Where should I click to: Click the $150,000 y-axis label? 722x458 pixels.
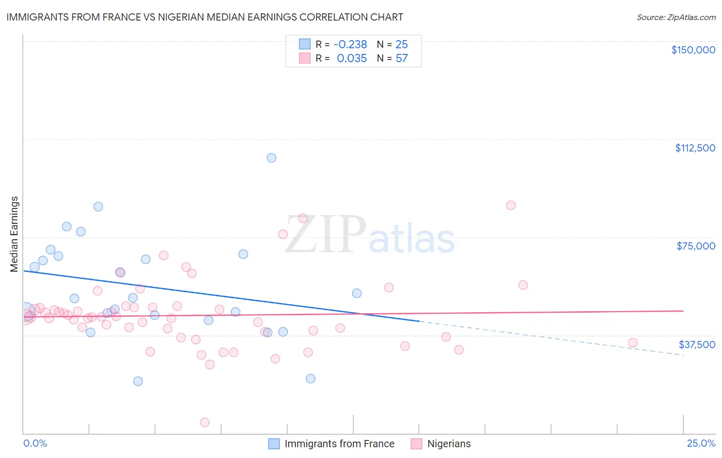693,50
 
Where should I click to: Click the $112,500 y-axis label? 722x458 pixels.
695,148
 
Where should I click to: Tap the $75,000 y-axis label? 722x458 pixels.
696,246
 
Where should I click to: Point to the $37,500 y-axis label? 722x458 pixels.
697,345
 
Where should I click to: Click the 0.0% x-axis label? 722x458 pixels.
35,443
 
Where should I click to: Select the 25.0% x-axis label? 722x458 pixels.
701,443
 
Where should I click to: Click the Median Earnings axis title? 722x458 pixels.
14,234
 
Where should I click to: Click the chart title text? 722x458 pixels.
204,17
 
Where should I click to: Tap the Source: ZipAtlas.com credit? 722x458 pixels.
676,17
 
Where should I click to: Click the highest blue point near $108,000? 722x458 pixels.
272,158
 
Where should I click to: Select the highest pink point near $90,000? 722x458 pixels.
510,205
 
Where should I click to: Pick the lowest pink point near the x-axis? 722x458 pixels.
204,422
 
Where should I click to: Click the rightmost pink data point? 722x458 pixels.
633,343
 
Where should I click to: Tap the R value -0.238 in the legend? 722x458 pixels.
350,45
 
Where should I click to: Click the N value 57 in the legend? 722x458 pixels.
402,59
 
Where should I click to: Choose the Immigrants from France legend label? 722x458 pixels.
339,444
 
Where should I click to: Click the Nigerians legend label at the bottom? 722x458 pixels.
449,444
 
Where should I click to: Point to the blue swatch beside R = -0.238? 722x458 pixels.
305,44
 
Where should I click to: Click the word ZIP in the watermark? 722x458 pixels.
325,235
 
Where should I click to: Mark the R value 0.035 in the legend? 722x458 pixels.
352,59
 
